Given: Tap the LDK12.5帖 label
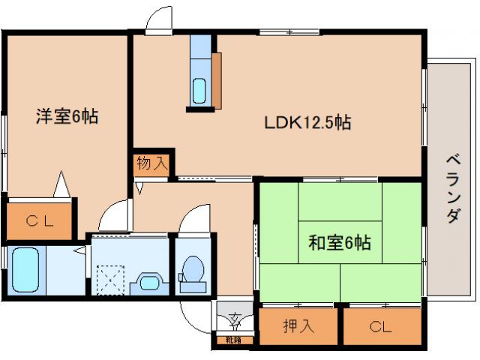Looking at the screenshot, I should click(307, 121).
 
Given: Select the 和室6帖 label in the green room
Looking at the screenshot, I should click(340, 242).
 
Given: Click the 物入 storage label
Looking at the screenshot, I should click(152, 163).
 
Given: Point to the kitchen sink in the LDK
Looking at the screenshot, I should click(199, 91).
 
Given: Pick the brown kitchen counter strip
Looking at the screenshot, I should click(216, 80).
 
